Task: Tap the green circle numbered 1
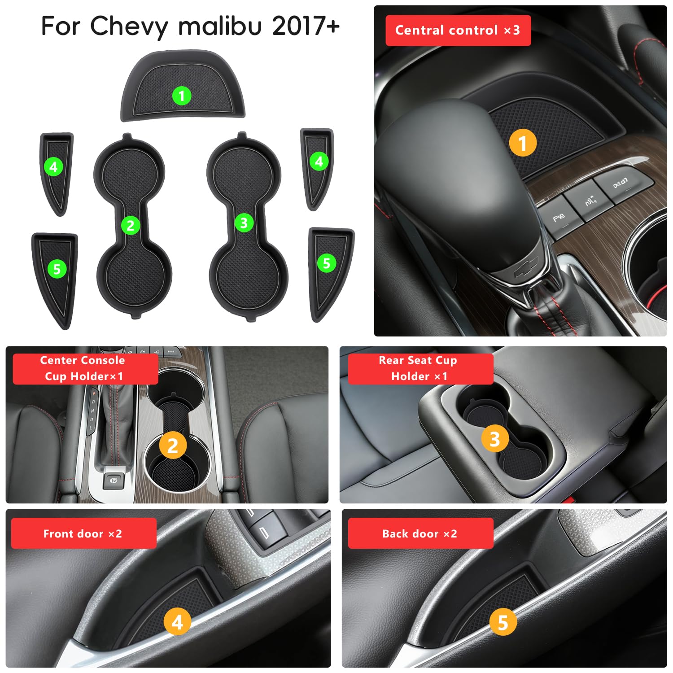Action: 182,96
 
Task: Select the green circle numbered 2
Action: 131,225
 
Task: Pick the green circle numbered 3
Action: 244,223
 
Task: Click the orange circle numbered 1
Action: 523,143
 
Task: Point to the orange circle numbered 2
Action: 173,446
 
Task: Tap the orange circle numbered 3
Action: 495,439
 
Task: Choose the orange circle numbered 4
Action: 177,622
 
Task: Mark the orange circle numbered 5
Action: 503,622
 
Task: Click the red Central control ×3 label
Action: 458,31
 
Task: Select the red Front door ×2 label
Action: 84,533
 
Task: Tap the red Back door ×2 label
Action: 421,533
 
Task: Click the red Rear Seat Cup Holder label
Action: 421,369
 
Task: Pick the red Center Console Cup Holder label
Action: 85,369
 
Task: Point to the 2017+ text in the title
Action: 306,26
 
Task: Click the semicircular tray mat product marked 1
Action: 183,86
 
